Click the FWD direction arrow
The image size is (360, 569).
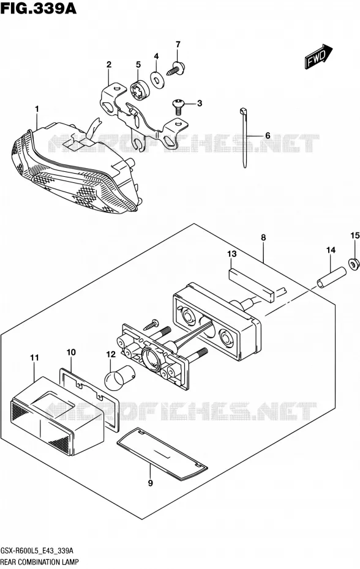pyautogui.click(x=318, y=57)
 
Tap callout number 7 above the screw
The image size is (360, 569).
pyautogui.click(x=178, y=45)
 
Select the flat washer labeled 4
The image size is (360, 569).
pyautogui.click(x=157, y=80)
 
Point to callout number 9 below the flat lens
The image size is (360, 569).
pyautogui.click(x=151, y=483)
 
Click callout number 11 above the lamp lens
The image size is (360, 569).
pyautogui.click(x=34, y=358)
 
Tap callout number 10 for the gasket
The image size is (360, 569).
pyautogui.click(x=71, y=352)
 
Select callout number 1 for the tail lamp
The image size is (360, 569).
pyautogui.click(x=37, y=108)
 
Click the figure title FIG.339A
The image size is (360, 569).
pyautogui.click(x=39, y=8)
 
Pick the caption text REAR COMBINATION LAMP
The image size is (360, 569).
pyautogui.click(x=40, y=562)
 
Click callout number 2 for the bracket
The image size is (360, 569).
pyautogui.click(x=108, y=65)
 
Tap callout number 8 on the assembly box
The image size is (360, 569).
pyautogui.click(x=263, y=237)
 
